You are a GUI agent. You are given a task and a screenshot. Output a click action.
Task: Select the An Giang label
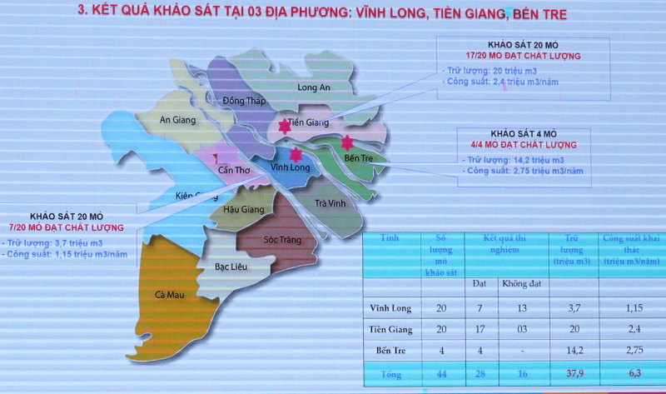coord(177,120)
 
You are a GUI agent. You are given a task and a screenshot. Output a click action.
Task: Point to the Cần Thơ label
coord(234,171)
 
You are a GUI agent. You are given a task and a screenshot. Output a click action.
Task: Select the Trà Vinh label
coord(331,203)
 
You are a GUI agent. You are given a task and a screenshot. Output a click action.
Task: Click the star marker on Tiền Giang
coord(285,127)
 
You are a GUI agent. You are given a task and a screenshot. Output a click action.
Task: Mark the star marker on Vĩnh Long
coord(296,154)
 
